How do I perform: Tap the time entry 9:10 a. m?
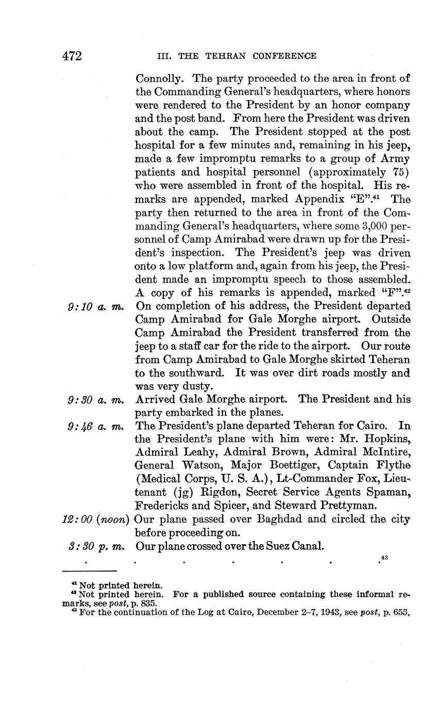point(96,307)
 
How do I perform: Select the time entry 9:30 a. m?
point(96,400)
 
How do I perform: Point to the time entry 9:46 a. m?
point(96,426)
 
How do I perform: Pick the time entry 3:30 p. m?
point(96,546)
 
